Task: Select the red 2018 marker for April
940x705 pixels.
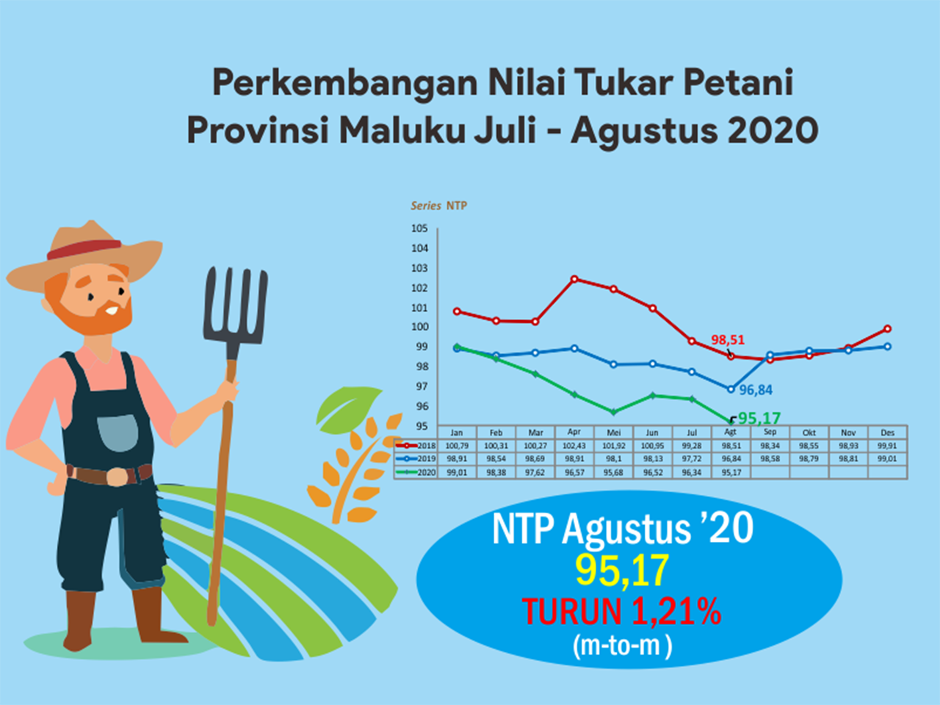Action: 575,279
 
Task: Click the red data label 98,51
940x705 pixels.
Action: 728,340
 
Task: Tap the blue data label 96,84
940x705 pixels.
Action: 756,390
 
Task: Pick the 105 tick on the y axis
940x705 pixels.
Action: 419,228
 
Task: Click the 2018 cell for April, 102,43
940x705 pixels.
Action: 574,446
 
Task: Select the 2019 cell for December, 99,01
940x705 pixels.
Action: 887,458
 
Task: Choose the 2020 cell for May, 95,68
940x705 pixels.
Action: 613,472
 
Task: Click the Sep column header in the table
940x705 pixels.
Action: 770,432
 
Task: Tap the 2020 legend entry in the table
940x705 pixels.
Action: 416,472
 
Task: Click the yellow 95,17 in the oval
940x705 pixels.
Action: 622,570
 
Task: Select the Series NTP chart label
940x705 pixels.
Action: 439,206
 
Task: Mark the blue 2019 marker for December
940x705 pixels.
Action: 887,347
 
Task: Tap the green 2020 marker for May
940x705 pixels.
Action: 613,412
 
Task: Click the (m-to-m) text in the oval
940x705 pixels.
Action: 622,646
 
